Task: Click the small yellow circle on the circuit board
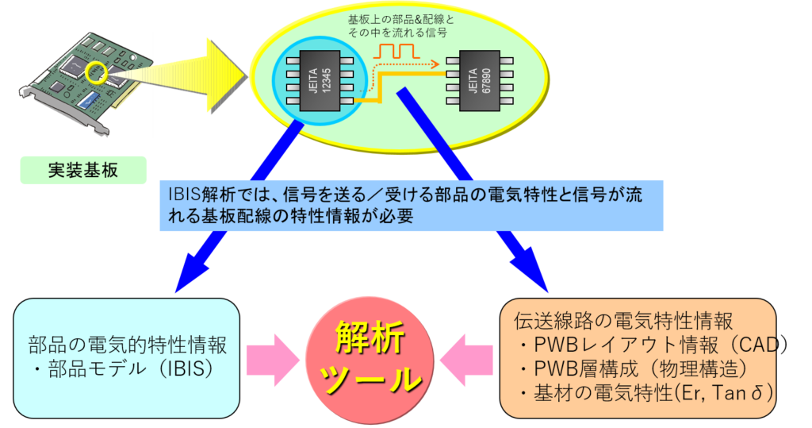click(x=97, y=73)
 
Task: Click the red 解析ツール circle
click(x=369, y=360)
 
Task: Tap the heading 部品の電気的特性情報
click(x=128, y=345)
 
